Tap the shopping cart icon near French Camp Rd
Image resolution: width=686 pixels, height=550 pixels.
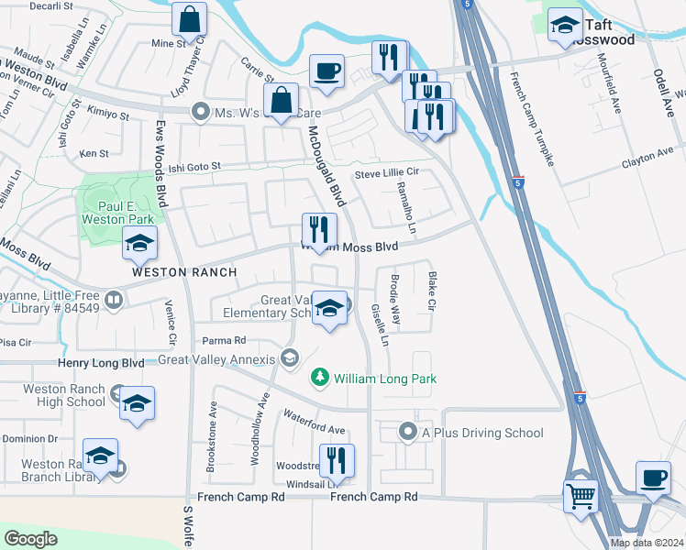tap(581, 498)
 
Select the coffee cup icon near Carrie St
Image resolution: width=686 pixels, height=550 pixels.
tap(326, 71)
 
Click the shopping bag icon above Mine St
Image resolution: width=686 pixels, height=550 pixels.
tap(189, 19)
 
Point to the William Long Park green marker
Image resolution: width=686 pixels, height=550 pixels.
tap(319, 377)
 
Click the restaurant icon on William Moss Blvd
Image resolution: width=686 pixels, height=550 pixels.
tap(320, 230)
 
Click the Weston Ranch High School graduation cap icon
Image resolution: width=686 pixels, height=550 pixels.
tap(137, 403)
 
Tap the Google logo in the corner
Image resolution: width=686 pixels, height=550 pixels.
tap(30, 539)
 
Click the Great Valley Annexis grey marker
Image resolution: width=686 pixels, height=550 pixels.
tap(291, 357)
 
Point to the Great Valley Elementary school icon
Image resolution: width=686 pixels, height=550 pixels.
tap(329, 307)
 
